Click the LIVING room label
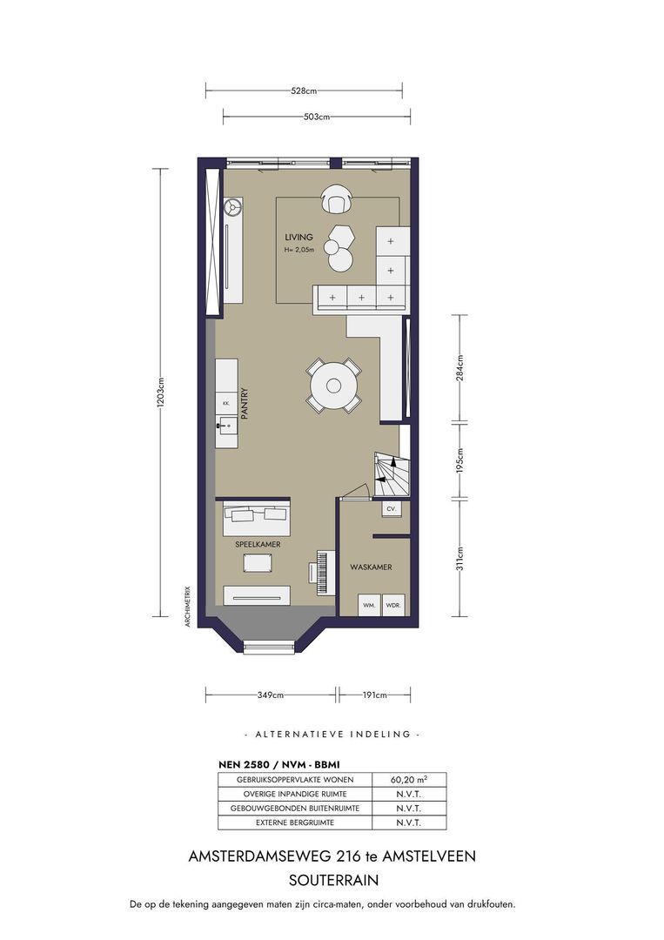pos(298,238)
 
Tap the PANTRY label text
pos(245,403)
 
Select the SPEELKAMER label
pos(258,544)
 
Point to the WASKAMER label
pos(371,567)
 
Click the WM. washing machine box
pos(369,605)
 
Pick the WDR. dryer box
pos(392,605)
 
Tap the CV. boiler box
pos(392,508)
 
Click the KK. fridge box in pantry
pos(226,404)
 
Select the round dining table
pos(334,386)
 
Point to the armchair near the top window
pos(336,199)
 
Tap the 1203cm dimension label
pos(160,393)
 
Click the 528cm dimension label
pos(304,91)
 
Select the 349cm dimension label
pos(271,695)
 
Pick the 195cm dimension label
pos(459,460)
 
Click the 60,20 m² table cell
pos(409,779)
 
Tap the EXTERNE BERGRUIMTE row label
pos(295,822)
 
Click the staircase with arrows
pos(392,473)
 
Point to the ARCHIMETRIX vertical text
pos(188,606)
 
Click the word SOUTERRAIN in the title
pos(334,880)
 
